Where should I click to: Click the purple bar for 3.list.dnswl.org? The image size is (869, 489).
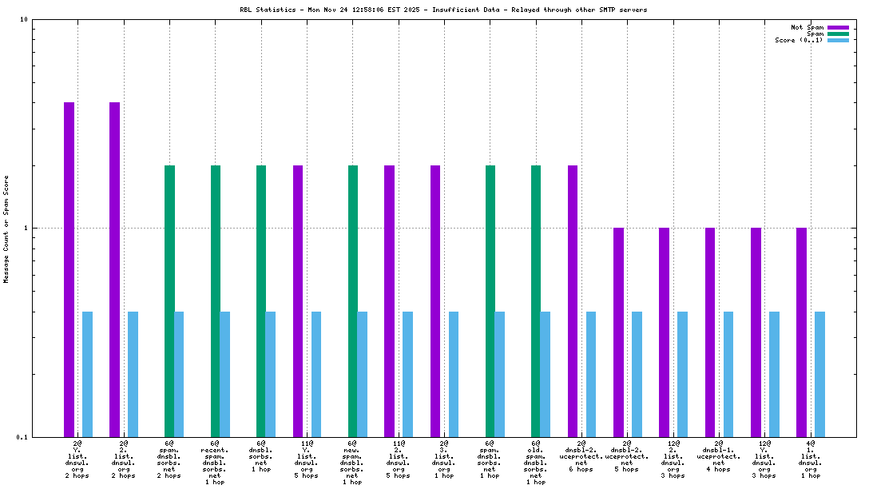pos(435,300)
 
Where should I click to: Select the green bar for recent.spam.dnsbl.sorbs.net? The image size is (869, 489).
pos(216,300)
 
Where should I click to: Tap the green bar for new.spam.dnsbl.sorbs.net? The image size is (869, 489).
pos(353,300)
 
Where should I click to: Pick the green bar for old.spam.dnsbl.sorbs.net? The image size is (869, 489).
pos(536,300)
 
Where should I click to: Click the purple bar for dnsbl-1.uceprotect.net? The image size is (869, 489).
pos(710,332)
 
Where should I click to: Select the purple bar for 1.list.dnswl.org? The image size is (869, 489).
pos(801,332)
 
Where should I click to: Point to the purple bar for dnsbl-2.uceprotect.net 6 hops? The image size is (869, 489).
pos(573,300)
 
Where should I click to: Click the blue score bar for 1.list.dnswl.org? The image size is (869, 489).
pos(819,374)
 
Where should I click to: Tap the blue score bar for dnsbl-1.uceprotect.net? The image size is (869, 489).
pos(728,374)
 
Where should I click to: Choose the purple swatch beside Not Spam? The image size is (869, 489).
pos(838,27)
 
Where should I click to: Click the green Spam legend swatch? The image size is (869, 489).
pos(838,34)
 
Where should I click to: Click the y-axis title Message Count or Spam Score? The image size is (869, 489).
pos(6,229)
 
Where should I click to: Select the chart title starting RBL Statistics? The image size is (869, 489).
pos(443,10)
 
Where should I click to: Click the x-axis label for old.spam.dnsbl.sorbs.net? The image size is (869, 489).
pos(536,462)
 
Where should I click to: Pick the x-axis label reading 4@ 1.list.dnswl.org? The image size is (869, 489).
pos(811,459)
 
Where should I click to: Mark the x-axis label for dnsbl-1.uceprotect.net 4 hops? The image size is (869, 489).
pos(719,455)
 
